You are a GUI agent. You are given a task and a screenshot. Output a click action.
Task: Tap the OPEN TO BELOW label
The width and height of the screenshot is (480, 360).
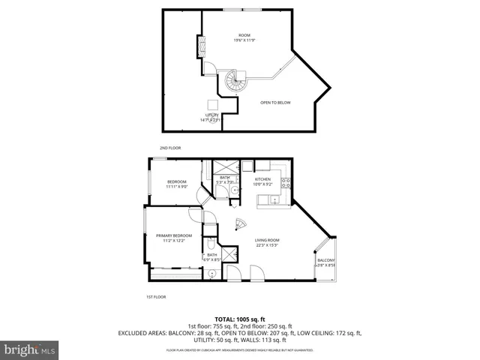[275, 102]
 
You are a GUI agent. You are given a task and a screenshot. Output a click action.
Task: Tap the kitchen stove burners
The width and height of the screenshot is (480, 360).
[286, 181]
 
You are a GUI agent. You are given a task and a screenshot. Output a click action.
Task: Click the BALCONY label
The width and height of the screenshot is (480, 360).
[325, 262]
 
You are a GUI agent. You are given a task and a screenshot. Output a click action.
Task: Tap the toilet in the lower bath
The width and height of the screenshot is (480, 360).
[211, 244]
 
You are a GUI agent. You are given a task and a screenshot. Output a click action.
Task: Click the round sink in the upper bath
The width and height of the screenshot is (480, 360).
[235, 190]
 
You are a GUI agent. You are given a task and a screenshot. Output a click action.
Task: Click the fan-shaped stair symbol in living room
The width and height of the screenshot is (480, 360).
[241, 223]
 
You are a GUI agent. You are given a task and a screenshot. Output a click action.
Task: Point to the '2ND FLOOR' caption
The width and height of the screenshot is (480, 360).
[170, 148]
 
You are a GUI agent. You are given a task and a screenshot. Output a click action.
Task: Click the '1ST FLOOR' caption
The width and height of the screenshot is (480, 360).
[155, 297]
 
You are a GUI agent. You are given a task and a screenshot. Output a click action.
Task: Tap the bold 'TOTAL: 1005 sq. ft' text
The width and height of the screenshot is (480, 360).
[239, 319]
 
